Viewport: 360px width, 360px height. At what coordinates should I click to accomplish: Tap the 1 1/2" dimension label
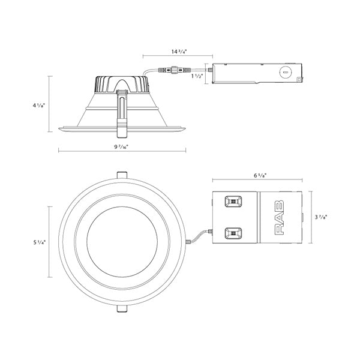click(197, 76)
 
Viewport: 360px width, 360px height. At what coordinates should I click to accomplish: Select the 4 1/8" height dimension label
click(38, 106)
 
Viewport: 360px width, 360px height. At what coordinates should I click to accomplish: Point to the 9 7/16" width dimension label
click(121, 147)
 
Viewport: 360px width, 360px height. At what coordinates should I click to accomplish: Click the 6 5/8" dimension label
click(260, 176)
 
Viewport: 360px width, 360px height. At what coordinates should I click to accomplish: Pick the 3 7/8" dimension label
click(320, 217)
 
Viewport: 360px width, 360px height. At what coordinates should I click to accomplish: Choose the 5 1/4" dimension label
click(39, 242)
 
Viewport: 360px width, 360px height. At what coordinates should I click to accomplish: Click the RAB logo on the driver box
click(279, 217)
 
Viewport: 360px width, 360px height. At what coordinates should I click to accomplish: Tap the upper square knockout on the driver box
click(233, 202)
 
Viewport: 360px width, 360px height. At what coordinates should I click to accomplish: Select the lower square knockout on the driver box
click(233, 233)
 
